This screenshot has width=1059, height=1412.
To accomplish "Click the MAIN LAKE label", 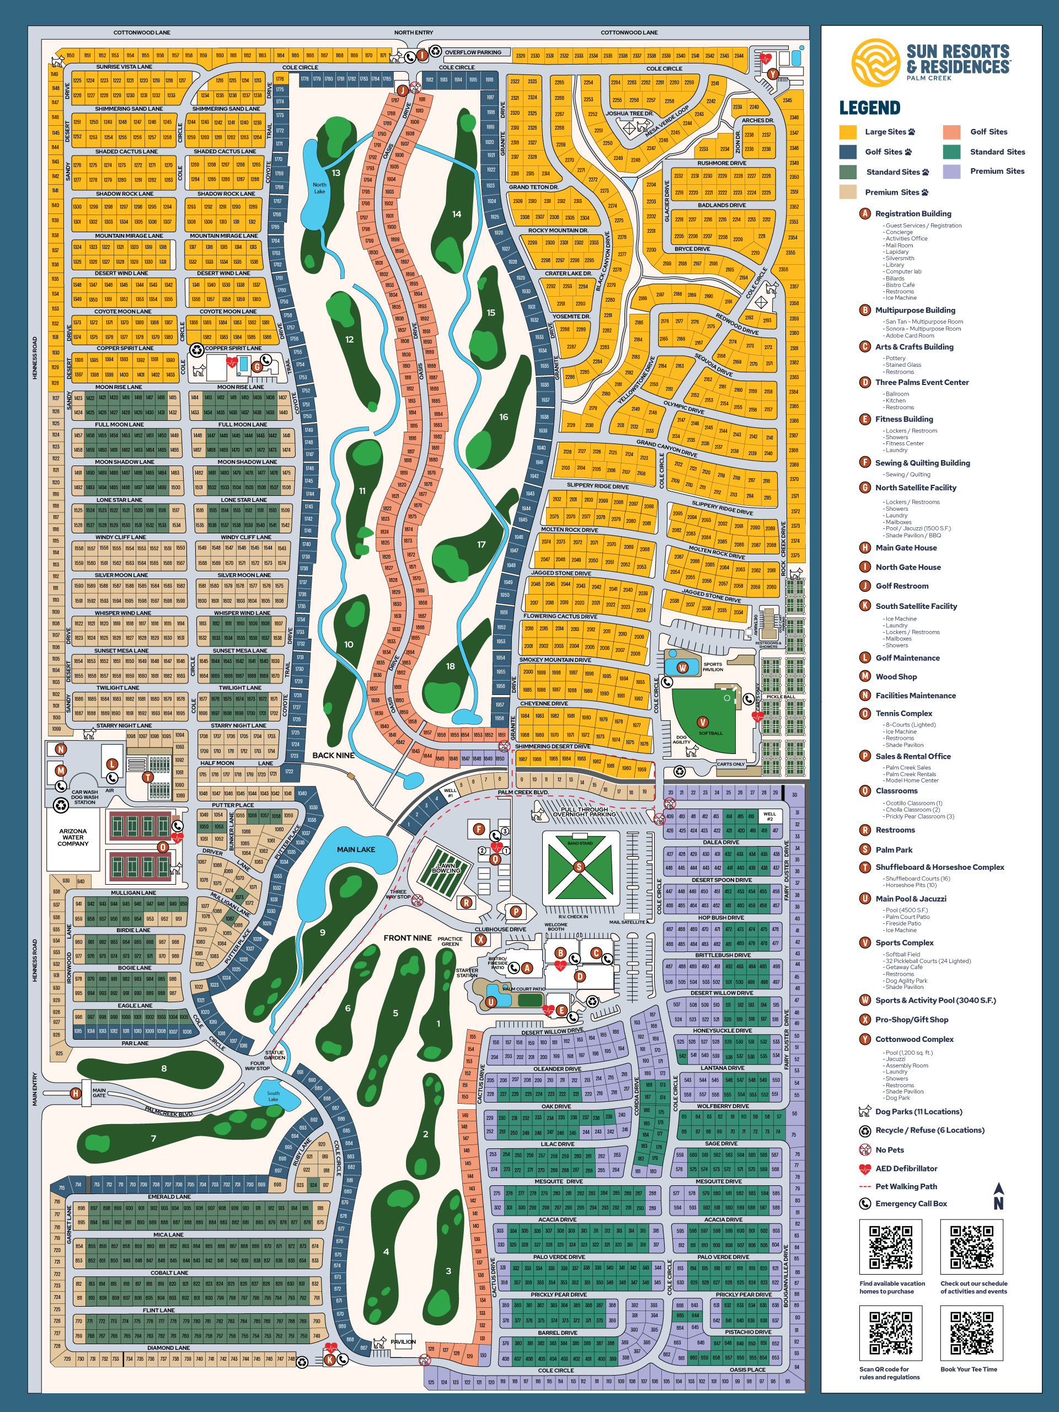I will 356,849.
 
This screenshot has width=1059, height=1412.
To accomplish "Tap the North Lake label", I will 319,188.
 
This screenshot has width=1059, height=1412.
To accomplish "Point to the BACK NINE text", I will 333,756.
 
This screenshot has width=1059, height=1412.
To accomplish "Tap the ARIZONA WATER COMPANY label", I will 73,837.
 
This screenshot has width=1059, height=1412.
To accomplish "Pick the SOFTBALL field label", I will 710,733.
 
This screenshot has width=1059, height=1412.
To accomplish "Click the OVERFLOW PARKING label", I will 473,52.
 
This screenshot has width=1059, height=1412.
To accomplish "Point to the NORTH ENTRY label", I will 414,33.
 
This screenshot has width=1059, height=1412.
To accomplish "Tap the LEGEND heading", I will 869,108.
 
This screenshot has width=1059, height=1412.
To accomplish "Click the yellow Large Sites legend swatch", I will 848,132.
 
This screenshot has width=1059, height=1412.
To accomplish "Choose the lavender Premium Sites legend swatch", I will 951,171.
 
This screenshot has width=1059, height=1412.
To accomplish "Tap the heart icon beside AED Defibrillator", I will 865,1169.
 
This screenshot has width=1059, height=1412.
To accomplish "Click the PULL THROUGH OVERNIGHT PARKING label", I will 584,812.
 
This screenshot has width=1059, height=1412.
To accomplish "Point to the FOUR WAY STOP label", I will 257,1066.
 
